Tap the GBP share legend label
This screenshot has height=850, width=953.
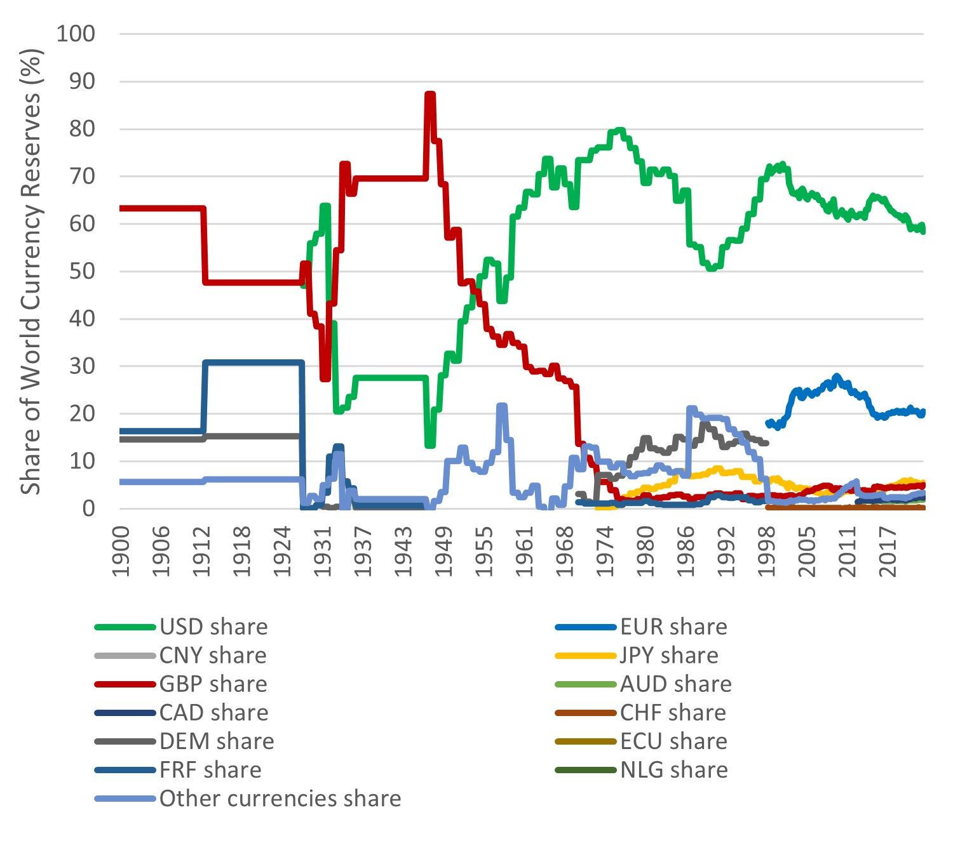point(213,684)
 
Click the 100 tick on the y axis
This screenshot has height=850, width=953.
point(76,34)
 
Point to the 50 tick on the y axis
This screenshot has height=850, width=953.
point(83,271)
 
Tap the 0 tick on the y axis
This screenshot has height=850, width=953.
point(89,508)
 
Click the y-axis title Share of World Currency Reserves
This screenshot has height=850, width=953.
point(30,271)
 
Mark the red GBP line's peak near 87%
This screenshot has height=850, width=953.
point(429,95)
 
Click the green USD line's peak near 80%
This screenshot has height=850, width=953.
point(617,131)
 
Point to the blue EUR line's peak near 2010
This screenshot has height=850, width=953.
point(836,377)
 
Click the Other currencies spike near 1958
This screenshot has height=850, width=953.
point(502,406)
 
